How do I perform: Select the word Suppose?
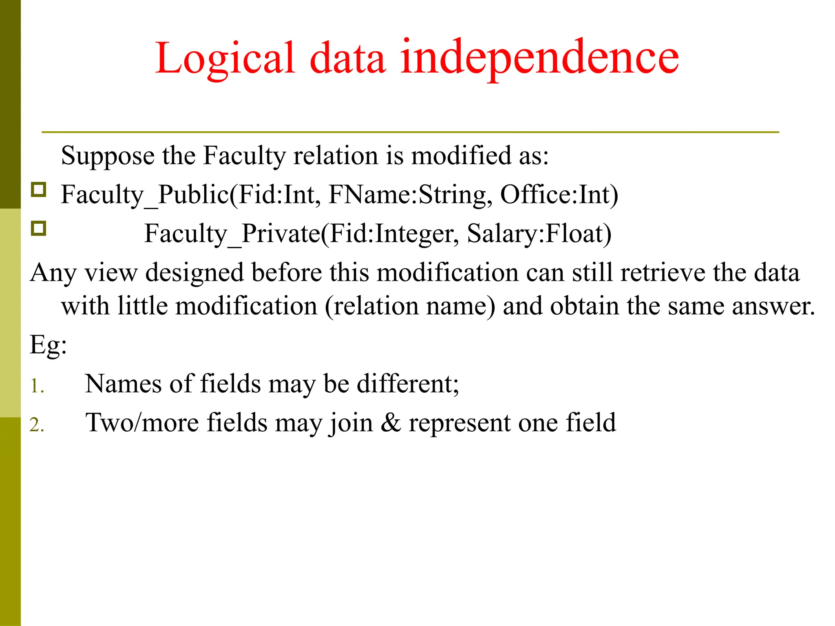pos(108,156)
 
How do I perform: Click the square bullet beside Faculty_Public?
pos(39,190)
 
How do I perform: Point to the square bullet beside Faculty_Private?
pos(39,229)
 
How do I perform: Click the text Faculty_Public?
pos(145,195)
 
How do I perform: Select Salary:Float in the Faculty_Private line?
pos(539,234)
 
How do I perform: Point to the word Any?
pos(53,273)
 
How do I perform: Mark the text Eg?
pos(48,346)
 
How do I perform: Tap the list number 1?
pos(37,386)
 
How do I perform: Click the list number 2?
pos(37,425)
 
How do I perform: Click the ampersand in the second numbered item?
pos(391,423)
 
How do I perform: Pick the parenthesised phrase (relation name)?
pos(410,306)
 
